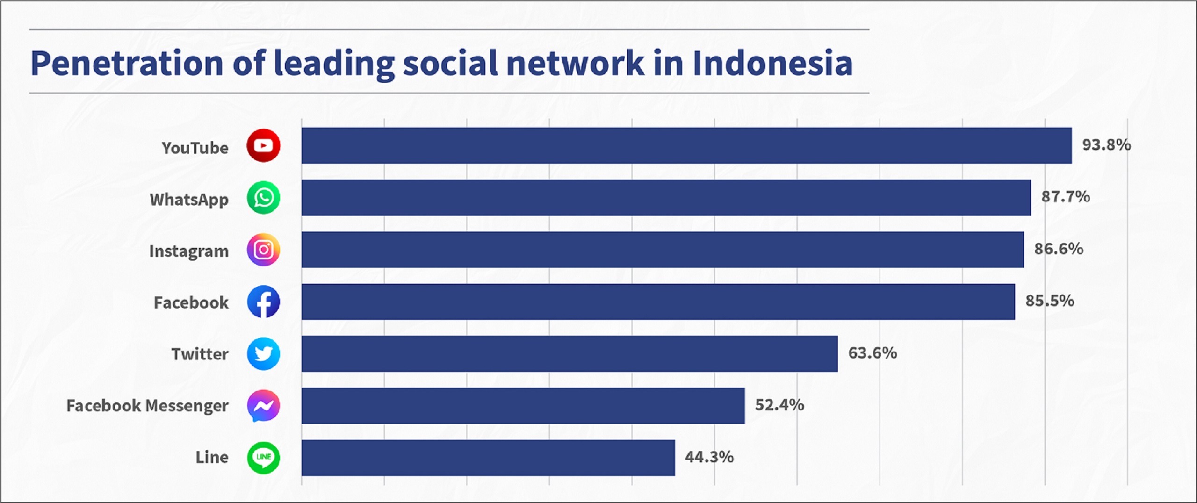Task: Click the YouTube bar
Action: (686, 145)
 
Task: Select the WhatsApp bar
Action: (666, 197)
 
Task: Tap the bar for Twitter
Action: (570, 354)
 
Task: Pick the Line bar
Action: (488, 458)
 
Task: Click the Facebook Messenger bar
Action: (523, 406)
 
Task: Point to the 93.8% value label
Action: (1106, 145)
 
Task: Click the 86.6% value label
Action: (1059, 249)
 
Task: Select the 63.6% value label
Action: (873, 353)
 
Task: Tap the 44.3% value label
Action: (709, 457)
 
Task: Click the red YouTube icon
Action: (264, 146)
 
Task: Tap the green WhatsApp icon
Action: (264, 198)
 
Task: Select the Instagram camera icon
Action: (264, 250)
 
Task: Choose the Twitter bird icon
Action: (264, 354)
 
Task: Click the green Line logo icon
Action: (264, 458)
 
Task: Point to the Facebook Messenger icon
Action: (264, 406)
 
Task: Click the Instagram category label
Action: (189, 251)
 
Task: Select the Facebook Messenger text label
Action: (147, 406)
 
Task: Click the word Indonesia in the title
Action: (772, 63)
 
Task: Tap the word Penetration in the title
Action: (127, 63)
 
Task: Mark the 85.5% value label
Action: (1050, 301)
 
